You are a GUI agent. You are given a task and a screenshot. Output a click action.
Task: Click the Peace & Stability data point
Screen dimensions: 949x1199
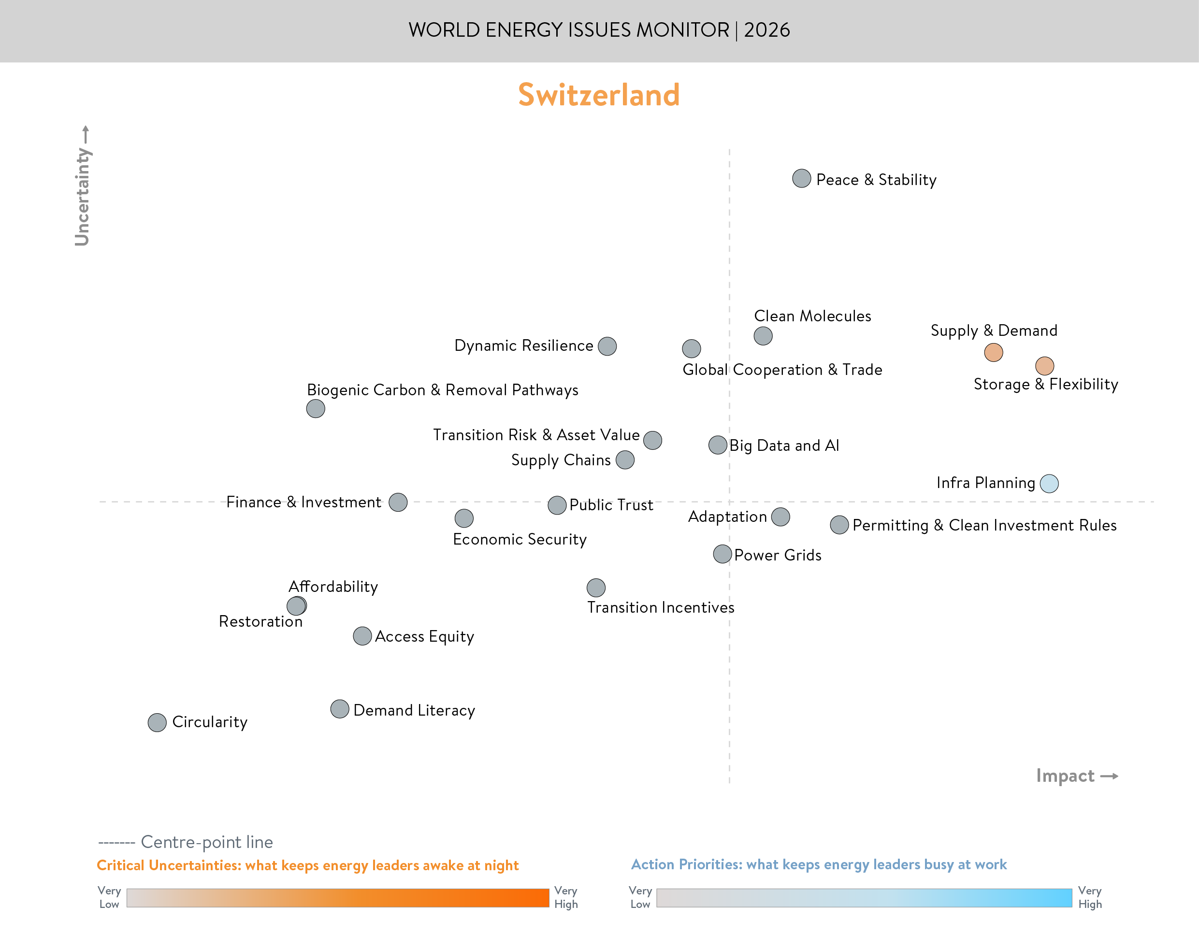point(801,178)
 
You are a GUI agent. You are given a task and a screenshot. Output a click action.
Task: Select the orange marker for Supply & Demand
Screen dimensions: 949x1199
point(994,352)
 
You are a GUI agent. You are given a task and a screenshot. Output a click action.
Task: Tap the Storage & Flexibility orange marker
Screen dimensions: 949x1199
point(1044,366)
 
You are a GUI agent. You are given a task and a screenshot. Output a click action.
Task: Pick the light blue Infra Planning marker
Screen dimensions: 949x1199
point(1049,483)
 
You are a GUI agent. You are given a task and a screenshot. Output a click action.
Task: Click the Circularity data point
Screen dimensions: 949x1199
point(157,722)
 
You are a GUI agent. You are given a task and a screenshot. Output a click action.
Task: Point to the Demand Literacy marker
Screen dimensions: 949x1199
point(339,709)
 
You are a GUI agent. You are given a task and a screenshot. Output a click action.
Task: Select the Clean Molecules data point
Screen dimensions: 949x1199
point(763,336)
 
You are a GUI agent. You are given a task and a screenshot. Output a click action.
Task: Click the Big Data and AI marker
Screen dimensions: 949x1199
point(718,445)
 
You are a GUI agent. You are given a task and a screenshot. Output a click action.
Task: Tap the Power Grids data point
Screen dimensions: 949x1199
point(722,554)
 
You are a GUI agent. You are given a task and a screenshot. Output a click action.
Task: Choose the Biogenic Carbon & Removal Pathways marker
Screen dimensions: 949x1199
point(316,409)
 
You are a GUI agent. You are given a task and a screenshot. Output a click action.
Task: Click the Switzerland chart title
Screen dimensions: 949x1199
point(599,94)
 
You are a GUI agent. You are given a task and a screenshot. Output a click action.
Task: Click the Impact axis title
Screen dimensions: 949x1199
point(1065,776)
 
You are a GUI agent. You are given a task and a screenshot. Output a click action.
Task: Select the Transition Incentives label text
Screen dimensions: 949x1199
point(661,607)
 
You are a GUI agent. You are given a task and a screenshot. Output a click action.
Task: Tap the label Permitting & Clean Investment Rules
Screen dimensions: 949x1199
point(984,525)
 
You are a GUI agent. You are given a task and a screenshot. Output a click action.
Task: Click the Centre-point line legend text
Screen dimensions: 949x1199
point(207,842)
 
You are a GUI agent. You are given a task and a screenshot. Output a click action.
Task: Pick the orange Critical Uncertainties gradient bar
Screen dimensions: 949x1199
point(337,898)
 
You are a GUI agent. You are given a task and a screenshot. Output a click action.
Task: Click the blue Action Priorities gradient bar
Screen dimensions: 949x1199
point(864,898)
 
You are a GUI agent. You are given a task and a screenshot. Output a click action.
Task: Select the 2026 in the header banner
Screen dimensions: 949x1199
point(767,30)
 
